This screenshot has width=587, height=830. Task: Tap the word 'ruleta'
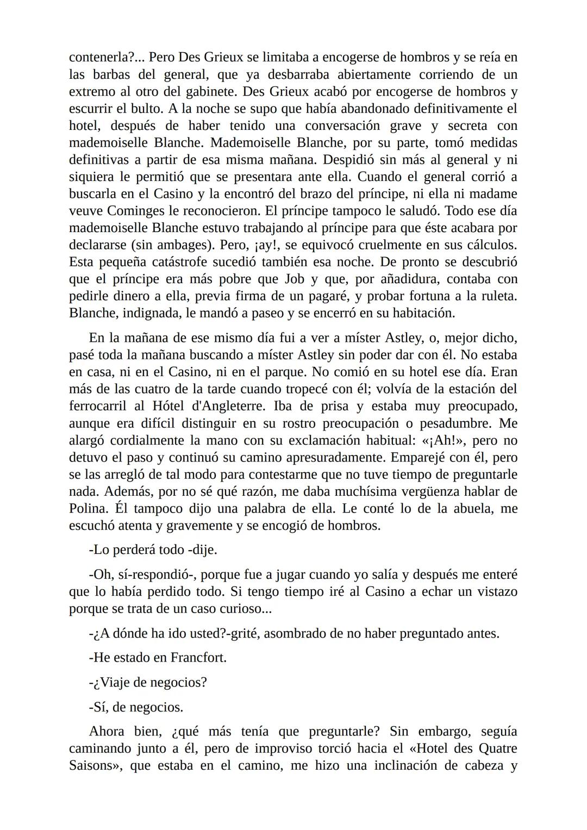495,296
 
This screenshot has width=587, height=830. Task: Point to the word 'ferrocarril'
98,406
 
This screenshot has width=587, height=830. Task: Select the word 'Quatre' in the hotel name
497,748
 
